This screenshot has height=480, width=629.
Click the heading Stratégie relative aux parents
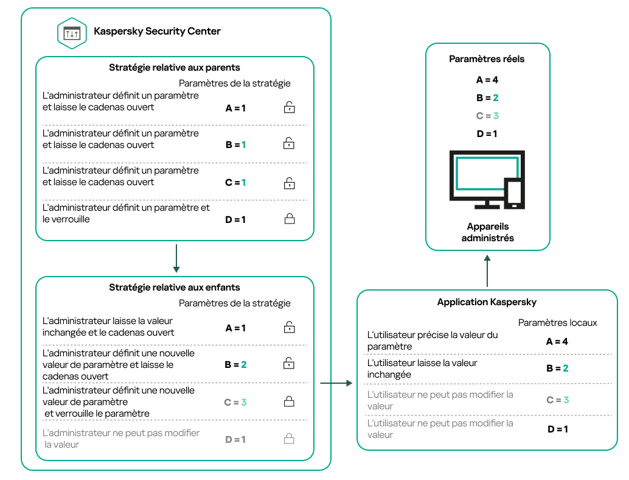coord(174,68)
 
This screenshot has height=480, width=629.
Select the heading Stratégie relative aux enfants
coord(174,288)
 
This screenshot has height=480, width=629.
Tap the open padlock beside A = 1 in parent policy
coord(289,108)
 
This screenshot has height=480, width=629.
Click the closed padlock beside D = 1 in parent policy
coord(289,219)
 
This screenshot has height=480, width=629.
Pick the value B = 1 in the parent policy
coord(235,145)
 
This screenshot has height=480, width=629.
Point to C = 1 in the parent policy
coord(235,182)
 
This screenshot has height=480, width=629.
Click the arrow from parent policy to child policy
coord(175,258)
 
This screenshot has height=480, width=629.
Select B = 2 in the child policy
coord(235,365)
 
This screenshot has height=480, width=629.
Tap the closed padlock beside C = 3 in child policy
coord(289,401)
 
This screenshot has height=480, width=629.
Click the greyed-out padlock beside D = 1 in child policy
coord(289,439)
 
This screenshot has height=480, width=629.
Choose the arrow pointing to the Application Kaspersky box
coord(336,383)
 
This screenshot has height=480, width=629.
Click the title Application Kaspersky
coord(487,302)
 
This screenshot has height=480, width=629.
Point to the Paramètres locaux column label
coord(557,323)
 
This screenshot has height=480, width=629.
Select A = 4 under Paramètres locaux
coord(557,342)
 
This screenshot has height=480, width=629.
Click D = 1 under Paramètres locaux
coord(557,429)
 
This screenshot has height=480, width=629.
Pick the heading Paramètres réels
coord(487,59)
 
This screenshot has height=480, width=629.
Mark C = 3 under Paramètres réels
coord(487,116)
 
